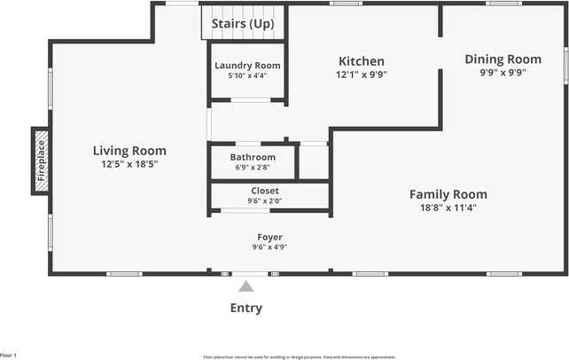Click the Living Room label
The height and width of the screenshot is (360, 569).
click(129, 151)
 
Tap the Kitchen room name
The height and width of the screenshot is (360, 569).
click(362, 61)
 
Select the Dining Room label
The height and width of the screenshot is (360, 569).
click(503, 59)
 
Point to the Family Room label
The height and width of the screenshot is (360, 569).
click(448, 194)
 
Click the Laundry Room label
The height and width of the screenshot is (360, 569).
click(247, 66)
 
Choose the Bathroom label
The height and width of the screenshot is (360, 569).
click(253, 157)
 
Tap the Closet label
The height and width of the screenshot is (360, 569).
click(264, 191)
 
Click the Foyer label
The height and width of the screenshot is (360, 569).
click(269, 237)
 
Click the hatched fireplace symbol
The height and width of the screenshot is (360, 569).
click(41, 160)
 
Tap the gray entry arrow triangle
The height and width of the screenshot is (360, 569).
click(246, 286)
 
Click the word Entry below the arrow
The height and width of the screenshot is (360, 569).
click(246, 309)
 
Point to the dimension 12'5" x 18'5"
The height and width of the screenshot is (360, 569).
click(129, 164)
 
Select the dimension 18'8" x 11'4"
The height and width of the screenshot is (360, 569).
click(448, 208)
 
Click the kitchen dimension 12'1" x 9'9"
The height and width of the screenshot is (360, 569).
click(362, 74)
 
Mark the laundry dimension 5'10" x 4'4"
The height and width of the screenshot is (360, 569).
click(247, 76)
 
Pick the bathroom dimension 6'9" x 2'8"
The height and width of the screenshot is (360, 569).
click(253, 167)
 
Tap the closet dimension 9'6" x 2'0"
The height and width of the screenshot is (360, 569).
click(264, 200)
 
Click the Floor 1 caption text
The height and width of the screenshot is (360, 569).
click(9, 355)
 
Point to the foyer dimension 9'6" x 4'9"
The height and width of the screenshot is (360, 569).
click(269, 247)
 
